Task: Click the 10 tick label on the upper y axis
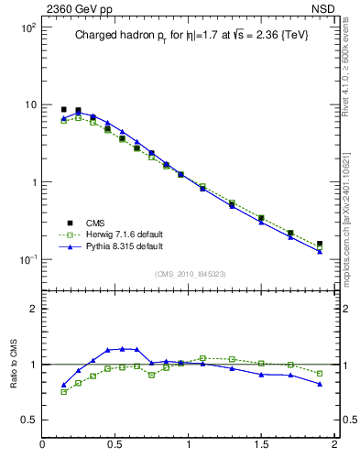point(29,105)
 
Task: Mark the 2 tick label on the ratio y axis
point(32,309)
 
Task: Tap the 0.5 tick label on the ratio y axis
point(27,420)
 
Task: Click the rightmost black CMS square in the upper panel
point(320,245)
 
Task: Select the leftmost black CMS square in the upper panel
point(63,109)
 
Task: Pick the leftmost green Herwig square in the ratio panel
point(63,392)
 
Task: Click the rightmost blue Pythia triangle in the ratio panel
point(320,384)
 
